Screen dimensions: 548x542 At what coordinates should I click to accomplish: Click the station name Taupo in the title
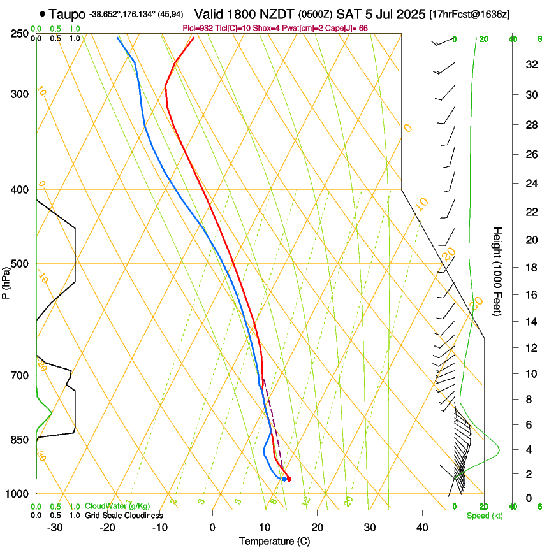click(66, 14)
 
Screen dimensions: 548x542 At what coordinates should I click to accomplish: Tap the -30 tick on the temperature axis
click(55, 528)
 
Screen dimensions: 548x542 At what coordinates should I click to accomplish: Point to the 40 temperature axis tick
click(421, 528)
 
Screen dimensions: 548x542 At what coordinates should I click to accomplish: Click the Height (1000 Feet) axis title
click(498, 271)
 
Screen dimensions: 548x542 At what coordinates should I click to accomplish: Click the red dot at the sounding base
click(289, 479)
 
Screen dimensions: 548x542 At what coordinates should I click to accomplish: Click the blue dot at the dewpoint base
click(284, 479)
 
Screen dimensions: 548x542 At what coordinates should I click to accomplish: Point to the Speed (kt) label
click(485, 516)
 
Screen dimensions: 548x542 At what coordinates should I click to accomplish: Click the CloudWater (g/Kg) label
click(118, 507)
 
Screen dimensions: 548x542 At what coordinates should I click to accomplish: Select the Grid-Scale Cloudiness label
click(124, 515)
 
